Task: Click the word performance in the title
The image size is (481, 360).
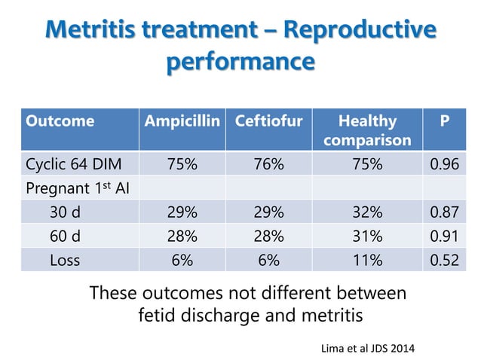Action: (x=240, y=61)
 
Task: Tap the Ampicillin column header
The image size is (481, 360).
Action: (x=184, y=121)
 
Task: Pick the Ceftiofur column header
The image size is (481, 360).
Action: (x=268, y=121)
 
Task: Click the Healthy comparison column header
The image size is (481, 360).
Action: (x=367, y=130)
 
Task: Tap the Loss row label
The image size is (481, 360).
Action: (x=64, y=259)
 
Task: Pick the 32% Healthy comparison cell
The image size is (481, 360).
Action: (x=367, y=212)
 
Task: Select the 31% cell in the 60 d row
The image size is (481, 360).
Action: (x=367, y=236)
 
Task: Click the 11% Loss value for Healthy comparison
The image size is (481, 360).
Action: (x=367, y=259)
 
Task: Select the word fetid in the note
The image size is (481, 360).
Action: (x=159, y=315)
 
